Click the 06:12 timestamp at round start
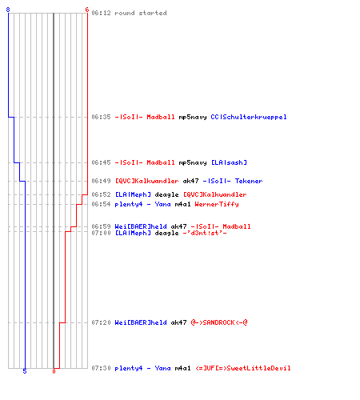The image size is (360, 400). (x=101, y=13)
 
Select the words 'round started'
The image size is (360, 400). (x=141, y=13)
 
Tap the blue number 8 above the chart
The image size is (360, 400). (x=8, y=10)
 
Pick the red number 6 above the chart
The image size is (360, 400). (x=87, y=10)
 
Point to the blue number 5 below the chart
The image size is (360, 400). (x=25, y=371)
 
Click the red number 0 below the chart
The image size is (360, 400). (x=54, y=371)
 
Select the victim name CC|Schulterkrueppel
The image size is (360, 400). (x=249, y=117)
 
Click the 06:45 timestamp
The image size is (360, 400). (x=101, y=162)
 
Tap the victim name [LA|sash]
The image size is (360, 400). (x=229, y=162)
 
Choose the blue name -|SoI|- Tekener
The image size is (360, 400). (x=233, y=181)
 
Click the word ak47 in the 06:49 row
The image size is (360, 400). (x=190, y=181)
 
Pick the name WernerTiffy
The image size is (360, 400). (x=217, y=204)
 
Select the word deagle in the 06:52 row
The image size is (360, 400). (x=166, y=194)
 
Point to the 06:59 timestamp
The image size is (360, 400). (x=101, y=226)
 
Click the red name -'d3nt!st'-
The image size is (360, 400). (x=205, y=233)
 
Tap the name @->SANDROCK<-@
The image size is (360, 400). (x=219, y=322)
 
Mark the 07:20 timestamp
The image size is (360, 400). (x=101, y=322)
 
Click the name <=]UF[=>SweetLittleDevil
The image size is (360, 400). (x=243, y=368)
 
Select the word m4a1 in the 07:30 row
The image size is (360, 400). (x=182, y=368)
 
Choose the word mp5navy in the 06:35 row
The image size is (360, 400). (x=193, y=117)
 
